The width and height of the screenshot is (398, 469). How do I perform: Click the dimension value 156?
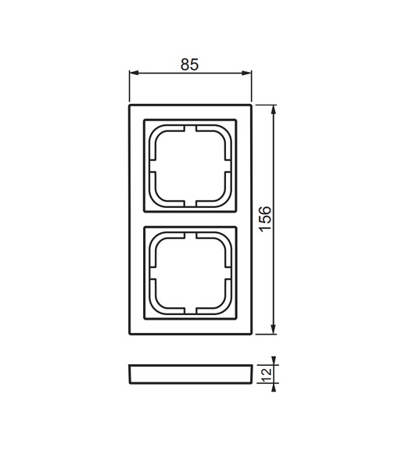coord(265,218)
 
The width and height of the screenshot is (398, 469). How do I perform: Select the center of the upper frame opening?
coord(189,165)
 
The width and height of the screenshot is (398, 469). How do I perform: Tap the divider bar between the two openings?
coord(189,219)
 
